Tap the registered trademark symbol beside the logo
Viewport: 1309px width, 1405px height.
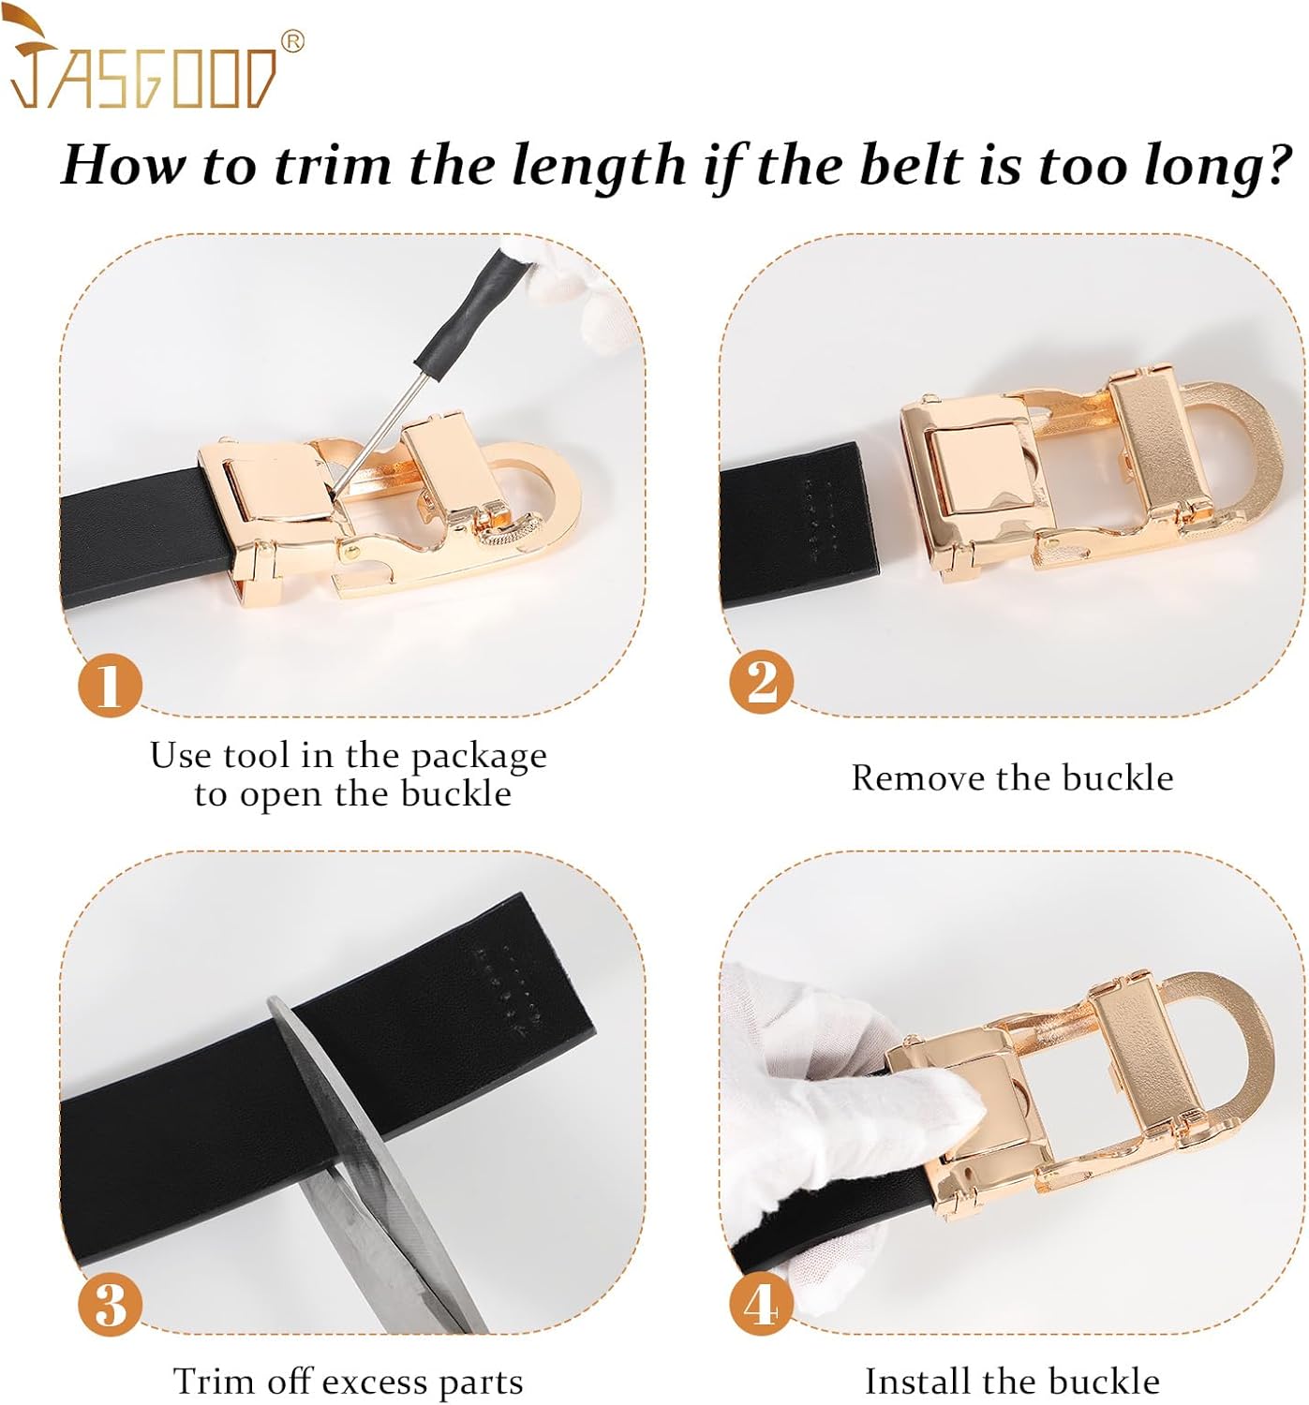[292, 42]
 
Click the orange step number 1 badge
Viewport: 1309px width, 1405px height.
[109, 685]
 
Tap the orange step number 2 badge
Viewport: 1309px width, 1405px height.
[761, 681]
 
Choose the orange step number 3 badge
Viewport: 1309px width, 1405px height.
[109, 1303]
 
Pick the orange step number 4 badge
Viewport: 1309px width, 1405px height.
[761, 1303]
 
